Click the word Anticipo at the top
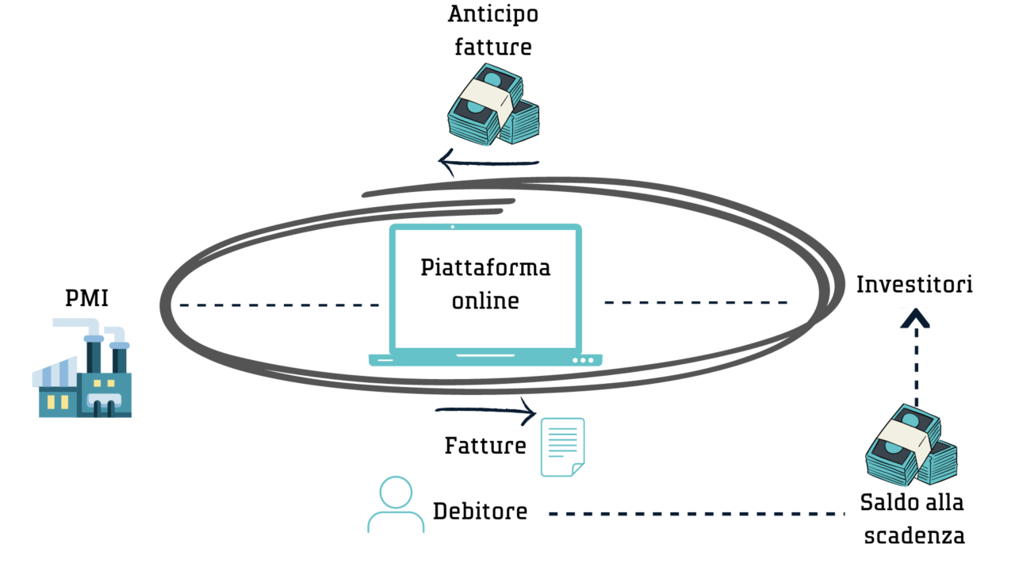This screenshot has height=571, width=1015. (x=492, y=15)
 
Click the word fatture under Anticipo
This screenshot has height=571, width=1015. (x=492, y=47)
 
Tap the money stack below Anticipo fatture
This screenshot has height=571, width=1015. (x=492, y=107)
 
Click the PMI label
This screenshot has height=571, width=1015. (x=86, y=300)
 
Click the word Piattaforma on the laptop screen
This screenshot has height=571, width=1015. (x=485, y=267)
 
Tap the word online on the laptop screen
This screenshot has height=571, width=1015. (x=485, y=301)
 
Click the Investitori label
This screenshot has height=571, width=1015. (x=914, y=285)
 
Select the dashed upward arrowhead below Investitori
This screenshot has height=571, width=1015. (x=917, y=319)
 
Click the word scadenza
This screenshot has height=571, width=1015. (x=914, y=536)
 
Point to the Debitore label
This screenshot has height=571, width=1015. (x=480, y=512)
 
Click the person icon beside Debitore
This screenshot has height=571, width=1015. (x=396, y=504)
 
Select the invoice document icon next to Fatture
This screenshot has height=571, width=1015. (x=562, y=447)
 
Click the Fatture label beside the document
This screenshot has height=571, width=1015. (x=485, y=446)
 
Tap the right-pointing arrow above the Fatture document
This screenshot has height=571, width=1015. (x=487, y=412)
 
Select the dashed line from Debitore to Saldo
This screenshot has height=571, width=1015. (x=698, y=515)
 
